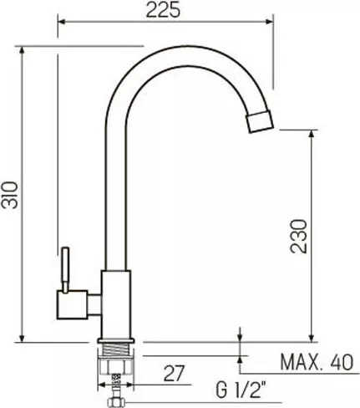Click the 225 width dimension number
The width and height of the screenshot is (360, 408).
(163, 11)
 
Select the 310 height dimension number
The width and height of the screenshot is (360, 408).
(10, 195)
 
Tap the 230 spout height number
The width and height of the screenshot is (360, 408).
(298, 237)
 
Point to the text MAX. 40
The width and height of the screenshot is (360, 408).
(317, 362)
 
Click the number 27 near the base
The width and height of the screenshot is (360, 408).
(174, 373)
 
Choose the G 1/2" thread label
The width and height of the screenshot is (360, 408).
(241, 390)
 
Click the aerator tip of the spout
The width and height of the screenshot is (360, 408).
(260, 122)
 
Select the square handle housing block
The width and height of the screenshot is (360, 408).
(73, 304)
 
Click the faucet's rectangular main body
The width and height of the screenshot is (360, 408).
(116, 304)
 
